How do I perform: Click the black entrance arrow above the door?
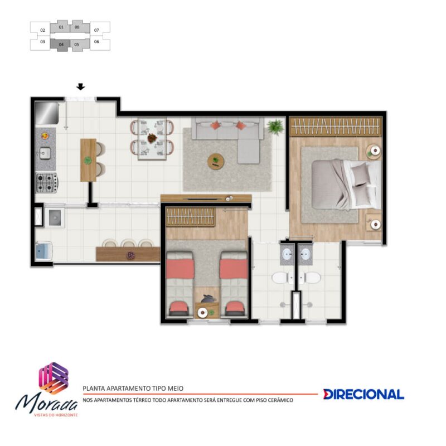[81, 87]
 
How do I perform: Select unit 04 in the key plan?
[61, 45]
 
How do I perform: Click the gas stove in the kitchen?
[47, 183]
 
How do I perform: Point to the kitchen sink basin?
[45, 153]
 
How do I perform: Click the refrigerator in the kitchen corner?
[47, 113]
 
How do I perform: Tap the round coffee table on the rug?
[216, 162]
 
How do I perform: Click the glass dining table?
[152, 139]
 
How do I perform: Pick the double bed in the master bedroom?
[346, 185]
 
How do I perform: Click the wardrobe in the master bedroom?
[336, 127]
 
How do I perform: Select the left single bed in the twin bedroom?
[180, 284]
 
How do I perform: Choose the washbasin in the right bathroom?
[305, 254]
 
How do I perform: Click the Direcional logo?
[363, 394]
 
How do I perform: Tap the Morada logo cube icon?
[54, 378]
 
